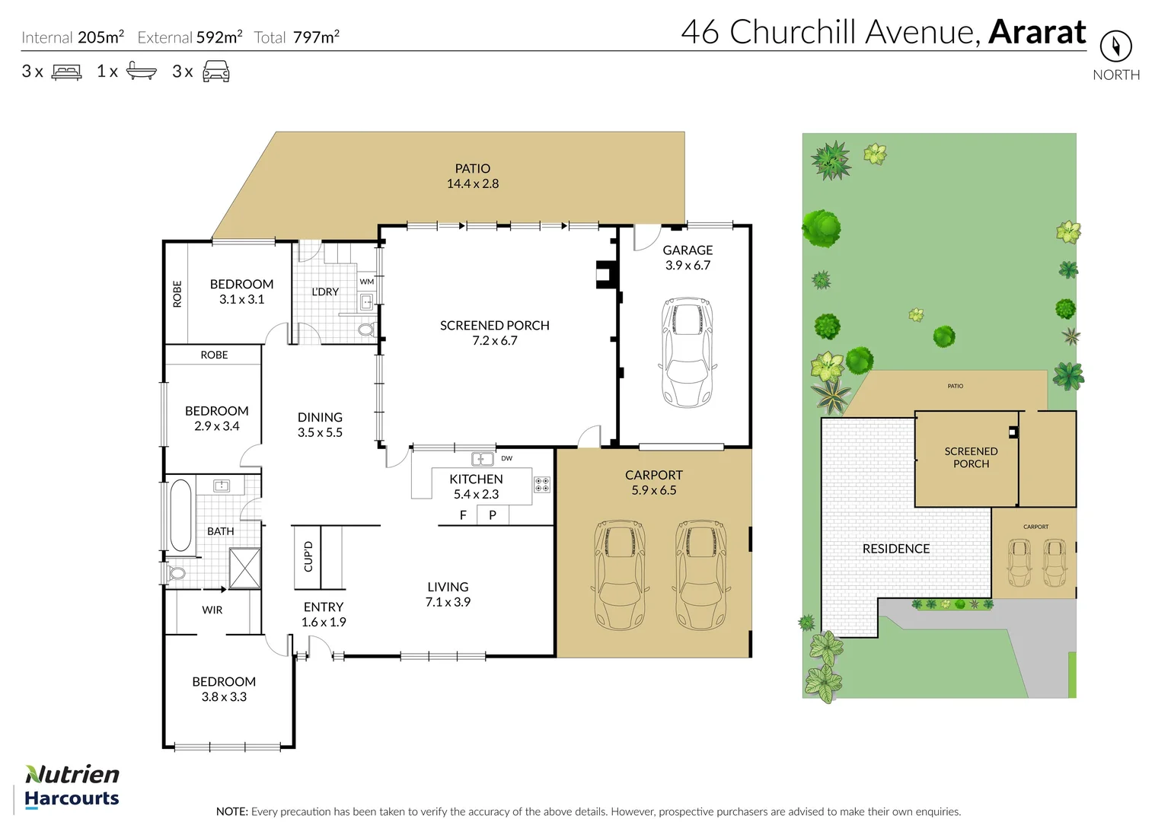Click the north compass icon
[x=1115, y=47]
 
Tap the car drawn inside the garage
[x=688, y=352]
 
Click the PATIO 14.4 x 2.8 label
[x=472, y=176]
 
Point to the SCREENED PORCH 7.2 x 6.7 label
[x=494, y=333]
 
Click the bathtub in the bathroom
[x=180, y=515]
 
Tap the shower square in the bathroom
[x=244, y=568]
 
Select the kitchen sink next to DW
[x=482, y=459]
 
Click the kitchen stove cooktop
[x=542, y=485]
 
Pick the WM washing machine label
[x=367, y=282]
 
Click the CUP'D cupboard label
[x=308, y=556]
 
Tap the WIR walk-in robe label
[x=212, y=610]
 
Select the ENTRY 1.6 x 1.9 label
[x=324, y=614]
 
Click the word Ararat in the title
[x=1037, y=32]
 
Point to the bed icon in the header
[x=66, y=72]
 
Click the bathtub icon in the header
[x=141, y=71]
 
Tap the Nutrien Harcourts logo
[x=72, y=786]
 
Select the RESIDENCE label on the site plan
[x=895, y=549]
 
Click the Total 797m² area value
[x=316, y=37]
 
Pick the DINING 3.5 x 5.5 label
[x=320, y=425]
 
